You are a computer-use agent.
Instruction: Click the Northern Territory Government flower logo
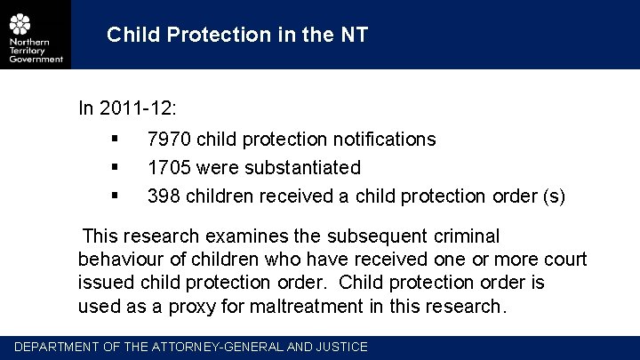point(20,24)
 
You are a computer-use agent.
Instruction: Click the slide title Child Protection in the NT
point(236,35)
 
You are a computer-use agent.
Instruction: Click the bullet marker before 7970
point(116,139)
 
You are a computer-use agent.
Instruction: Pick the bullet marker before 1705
point(116,166)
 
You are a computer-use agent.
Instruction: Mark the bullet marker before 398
point(116,195)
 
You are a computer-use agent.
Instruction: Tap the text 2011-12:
point(139,108)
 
